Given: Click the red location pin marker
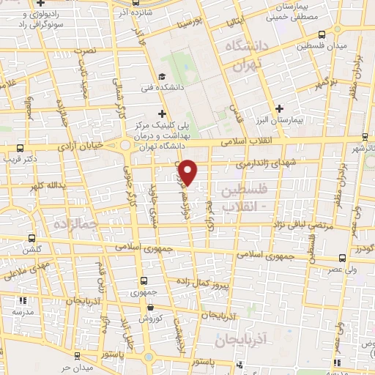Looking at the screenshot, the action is [x=189, y=172].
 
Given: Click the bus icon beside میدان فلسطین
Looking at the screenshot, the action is [x=322, y=34].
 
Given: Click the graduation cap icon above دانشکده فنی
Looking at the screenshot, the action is [x=161, y=76].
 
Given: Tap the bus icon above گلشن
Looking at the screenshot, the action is [x=31, y=237].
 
